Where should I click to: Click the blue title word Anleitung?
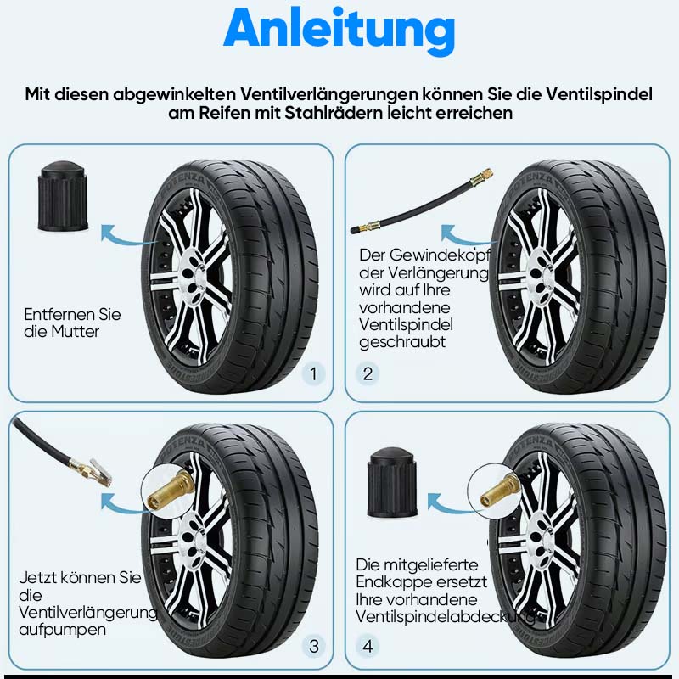[339, 30]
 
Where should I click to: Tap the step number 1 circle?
[313, 373]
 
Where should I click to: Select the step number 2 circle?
[368, 373]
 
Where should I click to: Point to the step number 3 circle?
[313, 646]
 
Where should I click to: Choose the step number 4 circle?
[368, 646]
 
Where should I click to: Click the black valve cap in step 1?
[63, 197]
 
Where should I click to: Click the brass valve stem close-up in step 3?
[169, 490]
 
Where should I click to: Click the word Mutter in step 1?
[75, 332]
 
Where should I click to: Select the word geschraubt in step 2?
[402, 342]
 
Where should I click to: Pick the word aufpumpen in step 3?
[62, 630]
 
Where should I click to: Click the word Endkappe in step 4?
[390, 582]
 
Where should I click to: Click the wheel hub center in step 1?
[194, 272]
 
